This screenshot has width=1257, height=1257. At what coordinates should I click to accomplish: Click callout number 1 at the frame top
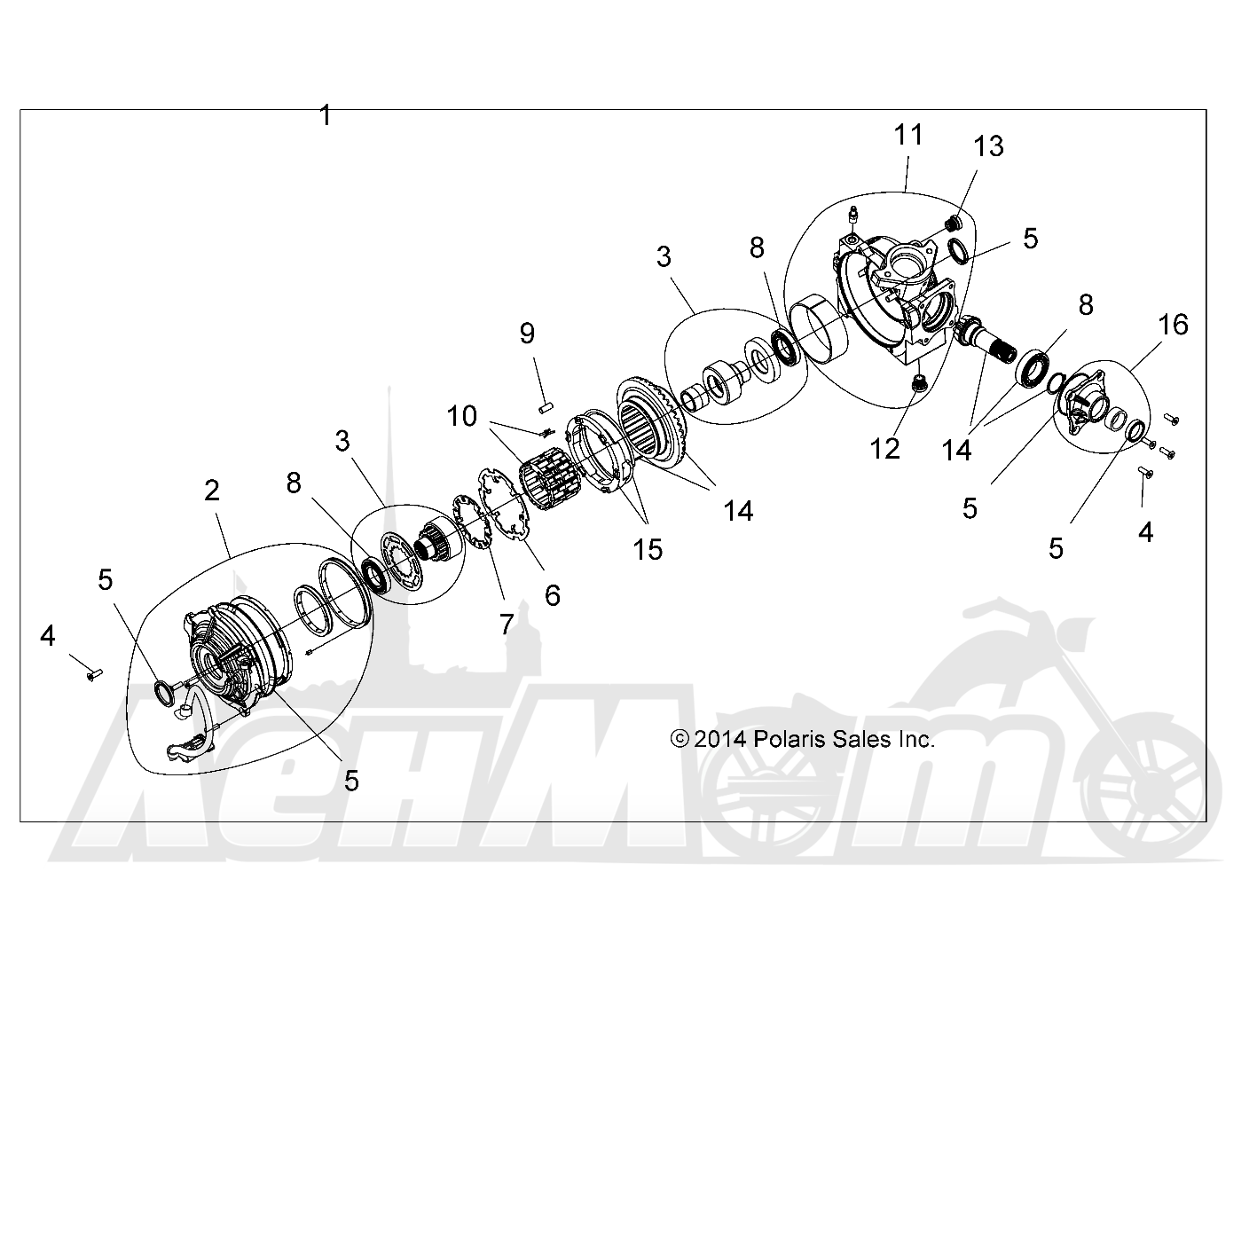tap(326, 116)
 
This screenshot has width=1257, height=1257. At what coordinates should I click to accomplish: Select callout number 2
tap(211, 491)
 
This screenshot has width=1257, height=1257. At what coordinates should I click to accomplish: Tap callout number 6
tap(553, 595)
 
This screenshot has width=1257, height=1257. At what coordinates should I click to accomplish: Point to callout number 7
tap(507, 625)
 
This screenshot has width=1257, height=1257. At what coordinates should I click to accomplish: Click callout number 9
tap(527, 334)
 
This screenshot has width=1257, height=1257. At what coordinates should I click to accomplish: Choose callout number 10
tap(462, 416)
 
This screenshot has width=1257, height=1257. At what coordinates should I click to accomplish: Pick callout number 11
tap(908, 135)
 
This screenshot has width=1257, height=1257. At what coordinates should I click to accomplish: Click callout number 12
tap(884, 449)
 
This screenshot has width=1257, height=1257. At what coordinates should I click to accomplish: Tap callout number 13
tap(988, 146)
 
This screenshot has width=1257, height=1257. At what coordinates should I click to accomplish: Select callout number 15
tap(648, 550)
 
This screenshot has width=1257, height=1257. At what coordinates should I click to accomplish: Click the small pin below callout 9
tap(546, 408)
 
